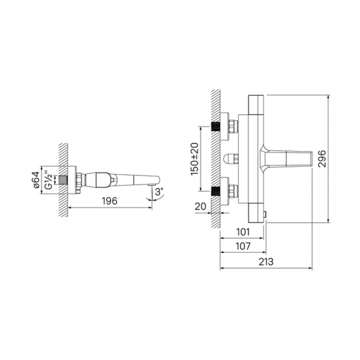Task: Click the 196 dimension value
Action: [110, 201]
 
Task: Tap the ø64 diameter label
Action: [36, 180]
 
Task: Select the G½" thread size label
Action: [49, 180]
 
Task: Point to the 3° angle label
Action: [159, 191]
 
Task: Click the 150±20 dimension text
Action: [194, 159]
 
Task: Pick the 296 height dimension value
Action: [322, 158]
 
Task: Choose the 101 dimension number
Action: [243, 232]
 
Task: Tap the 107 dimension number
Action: [243, 246]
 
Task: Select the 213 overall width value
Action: [266, 262]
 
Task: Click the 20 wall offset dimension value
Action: [200, 207]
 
